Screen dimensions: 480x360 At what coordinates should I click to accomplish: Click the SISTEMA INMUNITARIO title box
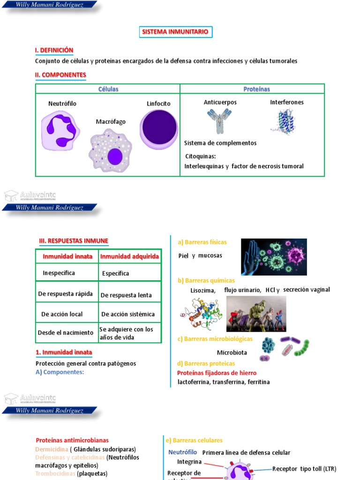[176, 32]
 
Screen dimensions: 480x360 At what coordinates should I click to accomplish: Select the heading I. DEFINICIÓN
[54, 50]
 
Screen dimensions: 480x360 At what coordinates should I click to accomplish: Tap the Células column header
[108, 89]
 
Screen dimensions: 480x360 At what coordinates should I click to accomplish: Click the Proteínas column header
[256, 89]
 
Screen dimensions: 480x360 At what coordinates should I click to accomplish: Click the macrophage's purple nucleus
[115, 157]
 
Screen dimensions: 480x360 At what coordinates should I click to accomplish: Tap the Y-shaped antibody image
[219, 120]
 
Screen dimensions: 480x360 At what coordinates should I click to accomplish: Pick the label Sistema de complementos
[220, 143]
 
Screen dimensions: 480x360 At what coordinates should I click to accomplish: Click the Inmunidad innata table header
[66, 256]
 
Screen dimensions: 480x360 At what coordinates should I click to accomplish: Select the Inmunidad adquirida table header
[130, 256]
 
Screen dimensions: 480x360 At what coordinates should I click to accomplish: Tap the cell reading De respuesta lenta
[126, 295]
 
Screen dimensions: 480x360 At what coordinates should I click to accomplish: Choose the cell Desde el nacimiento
[66, 332]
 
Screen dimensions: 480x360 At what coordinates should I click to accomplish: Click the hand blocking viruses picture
[274, 257]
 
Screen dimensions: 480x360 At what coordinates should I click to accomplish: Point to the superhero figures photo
[256, 314]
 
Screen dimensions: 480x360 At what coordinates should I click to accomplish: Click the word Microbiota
[232, 352]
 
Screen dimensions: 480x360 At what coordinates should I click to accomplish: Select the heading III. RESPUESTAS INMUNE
[74, 241]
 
